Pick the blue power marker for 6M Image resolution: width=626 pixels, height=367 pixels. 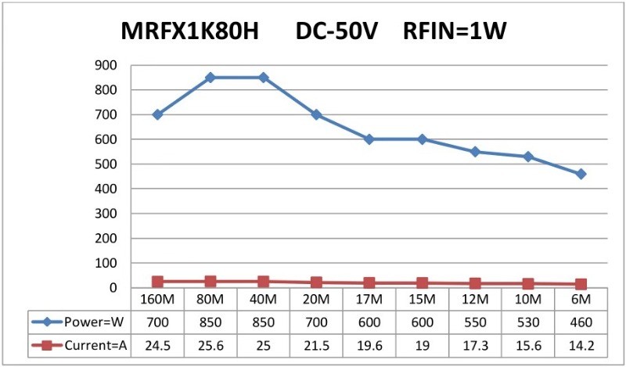(581, 174)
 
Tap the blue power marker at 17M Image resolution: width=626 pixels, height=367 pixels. (369, 139)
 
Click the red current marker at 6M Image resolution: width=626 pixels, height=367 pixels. (581, 284)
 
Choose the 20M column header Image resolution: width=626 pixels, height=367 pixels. (316, 300)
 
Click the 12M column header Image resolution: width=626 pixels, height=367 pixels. (475, 300)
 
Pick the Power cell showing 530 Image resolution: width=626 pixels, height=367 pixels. (528, 322)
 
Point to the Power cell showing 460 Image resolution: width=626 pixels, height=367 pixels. (581, 322)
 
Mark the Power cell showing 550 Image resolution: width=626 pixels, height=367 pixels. (475, 322)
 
